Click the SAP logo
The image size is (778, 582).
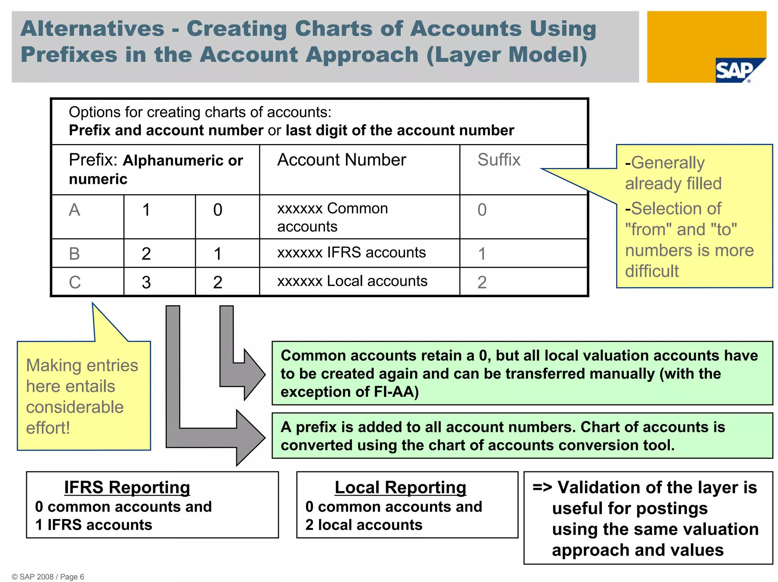pyautogui.click(x=735, y=71)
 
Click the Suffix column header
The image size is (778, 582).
pyautogui.click(x=498, y=160)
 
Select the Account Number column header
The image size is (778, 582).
pyautogui.click(x=342, y=160)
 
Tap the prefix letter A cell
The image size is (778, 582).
pyautogui.click(x=74, y=210)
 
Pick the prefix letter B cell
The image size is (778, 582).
pyautogui.click(x=74, y=254)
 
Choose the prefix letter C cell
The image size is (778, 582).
pyautogui.click(x=75, y=282)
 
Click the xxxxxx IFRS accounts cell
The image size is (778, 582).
pyautogui.click(x=351, y=252)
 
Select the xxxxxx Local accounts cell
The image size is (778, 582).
pyautogui.click(x=352, y=281)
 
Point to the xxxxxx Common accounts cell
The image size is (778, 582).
pyautogui.click(x=332, y=217)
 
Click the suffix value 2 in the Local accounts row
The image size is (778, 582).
pyautogui.click(x=482, y=282)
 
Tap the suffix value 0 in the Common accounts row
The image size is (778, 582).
pyautogui.click(x=482, y=210)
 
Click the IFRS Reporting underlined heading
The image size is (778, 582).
pyautogui.click(x=127, y=487)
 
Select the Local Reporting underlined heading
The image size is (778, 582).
pyautogui.click(x=400, y=487)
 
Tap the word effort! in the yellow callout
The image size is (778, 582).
pyautogui.click(x=48, y=428)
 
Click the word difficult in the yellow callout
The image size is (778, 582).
pyautogui.click(x=651, y=271)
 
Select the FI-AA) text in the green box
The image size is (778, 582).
pyautogui.click(x=396, y=392)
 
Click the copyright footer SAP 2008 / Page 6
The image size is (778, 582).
pyautogui.click(x=48, y=577)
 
